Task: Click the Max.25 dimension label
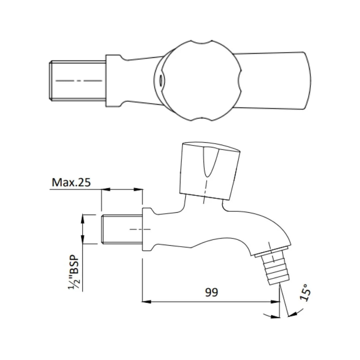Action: (x=71, y=182)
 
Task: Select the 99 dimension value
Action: (x=211, y=292)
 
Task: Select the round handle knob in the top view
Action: (x=202, y=80)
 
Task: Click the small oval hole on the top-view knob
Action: (x=161, y=80)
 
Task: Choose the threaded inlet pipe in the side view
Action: (x=122, y=229)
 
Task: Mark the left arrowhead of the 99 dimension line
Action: (x=146, y=302)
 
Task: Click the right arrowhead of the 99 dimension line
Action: (x=276, y=302)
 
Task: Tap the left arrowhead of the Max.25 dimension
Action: (x=105, y=189)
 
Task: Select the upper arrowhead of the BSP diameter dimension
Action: (x=83, y=218)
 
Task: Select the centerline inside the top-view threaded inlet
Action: (x=79, y=81)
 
